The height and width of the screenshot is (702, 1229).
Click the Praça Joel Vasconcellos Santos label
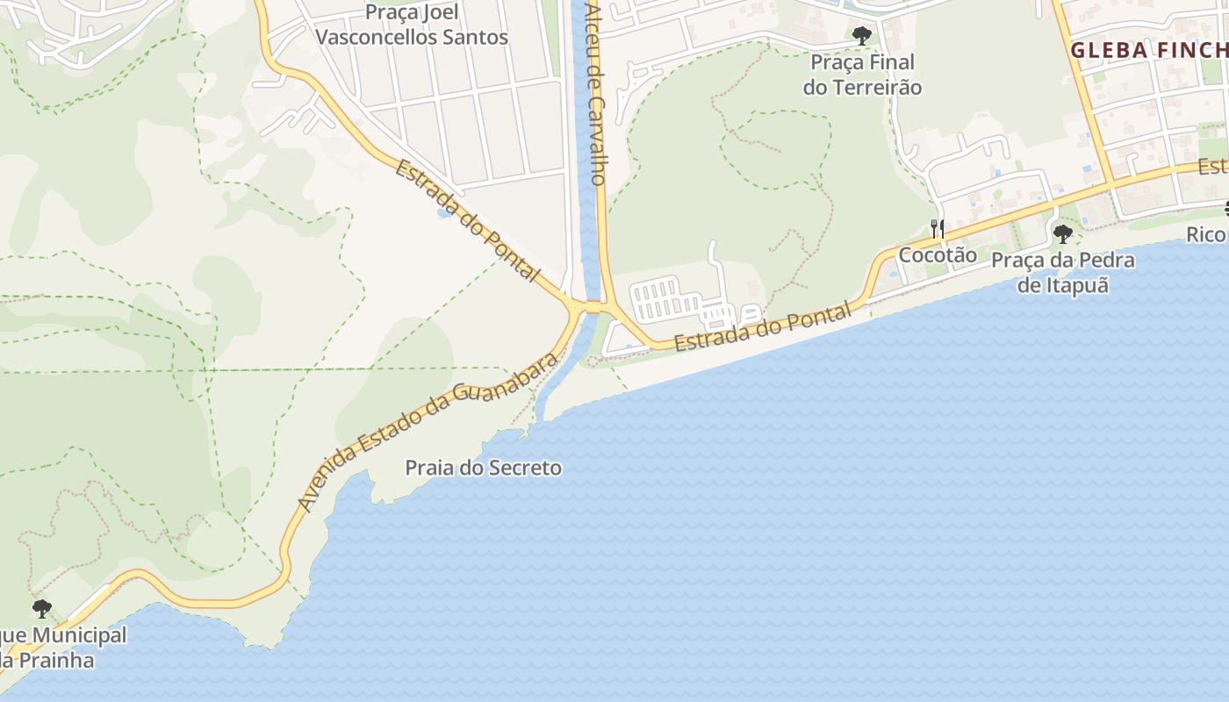(412, 25)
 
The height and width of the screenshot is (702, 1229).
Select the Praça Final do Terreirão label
(862, 75)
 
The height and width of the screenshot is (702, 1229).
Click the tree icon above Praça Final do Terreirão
(862, 36)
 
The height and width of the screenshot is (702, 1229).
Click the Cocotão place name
(938, 255)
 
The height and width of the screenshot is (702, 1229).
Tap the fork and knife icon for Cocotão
(938, 229)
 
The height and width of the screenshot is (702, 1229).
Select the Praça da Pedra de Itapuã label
(1063, 273)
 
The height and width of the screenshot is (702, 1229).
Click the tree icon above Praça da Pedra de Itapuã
(1063, 234)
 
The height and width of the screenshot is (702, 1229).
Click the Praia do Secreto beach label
(483, 468)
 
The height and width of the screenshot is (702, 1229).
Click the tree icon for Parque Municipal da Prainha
(41, 608)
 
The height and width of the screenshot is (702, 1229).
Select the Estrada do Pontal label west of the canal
(466, 220)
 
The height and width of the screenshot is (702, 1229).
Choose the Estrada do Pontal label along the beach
(763, 326)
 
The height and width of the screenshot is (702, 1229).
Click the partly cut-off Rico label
(1207, 234)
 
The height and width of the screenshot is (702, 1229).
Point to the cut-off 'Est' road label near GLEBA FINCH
(1213, 166)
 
